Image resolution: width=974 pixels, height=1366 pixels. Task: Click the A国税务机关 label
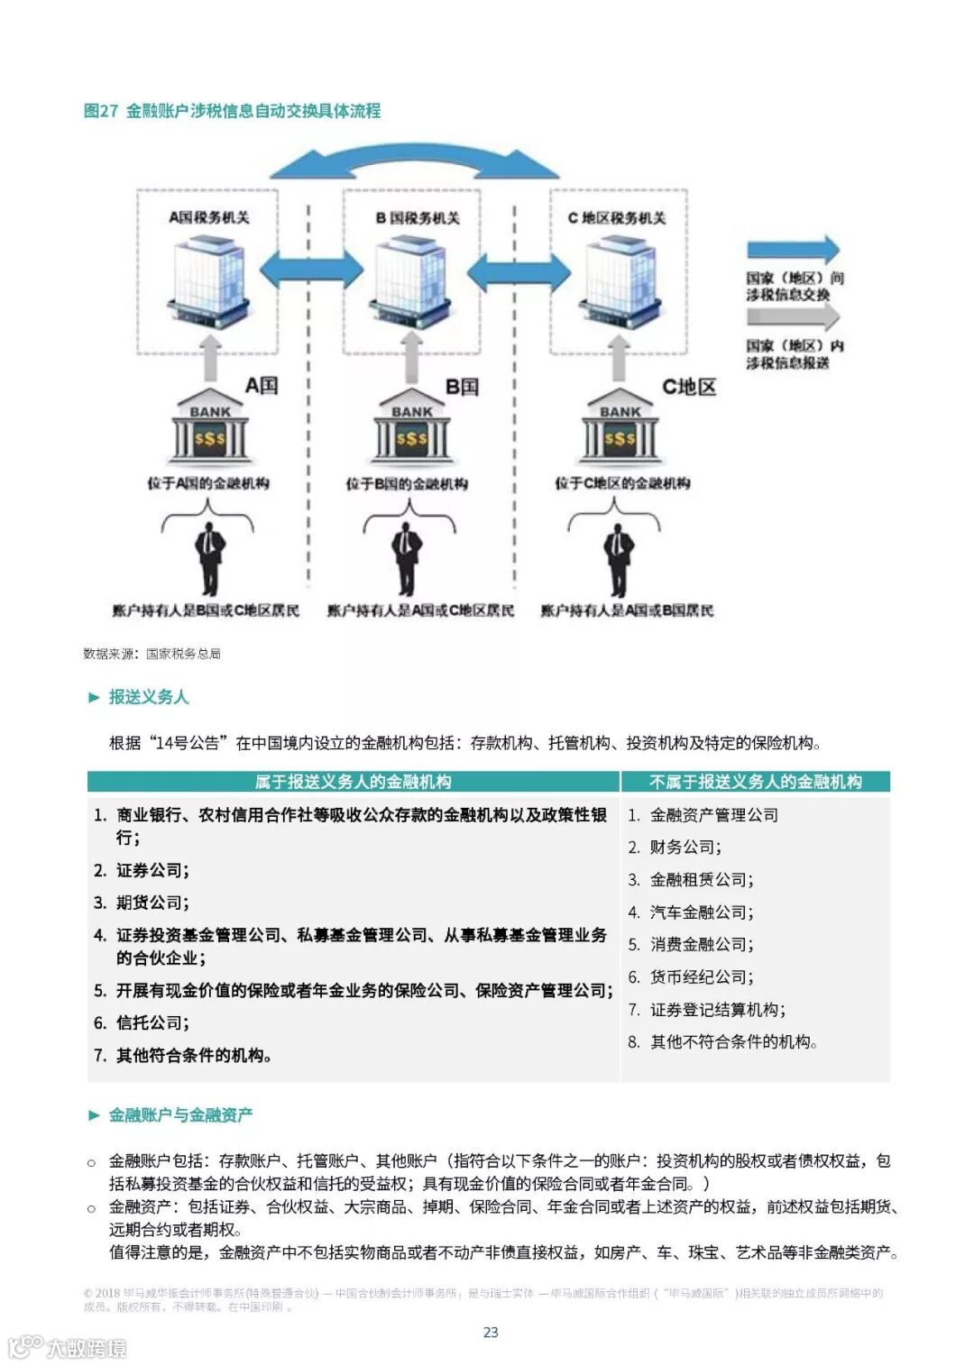tap(209, 217)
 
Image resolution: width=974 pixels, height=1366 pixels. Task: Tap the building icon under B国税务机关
tap(412, 280)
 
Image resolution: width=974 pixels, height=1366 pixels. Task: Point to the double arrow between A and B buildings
tap(310, 270)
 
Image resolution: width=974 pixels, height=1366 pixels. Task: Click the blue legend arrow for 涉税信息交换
tap(793, 251)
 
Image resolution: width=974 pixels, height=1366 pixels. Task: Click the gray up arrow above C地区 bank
tap(619, 358)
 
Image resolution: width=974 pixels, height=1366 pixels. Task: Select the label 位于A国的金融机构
tap(208, 483)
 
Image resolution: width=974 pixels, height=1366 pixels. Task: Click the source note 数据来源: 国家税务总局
tap(152, 654)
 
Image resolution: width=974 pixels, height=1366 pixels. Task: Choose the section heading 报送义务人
tap(148, 697)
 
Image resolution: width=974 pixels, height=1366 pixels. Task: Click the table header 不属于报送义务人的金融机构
tap(755, 782)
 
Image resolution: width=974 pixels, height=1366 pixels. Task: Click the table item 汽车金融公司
tap(701, 912)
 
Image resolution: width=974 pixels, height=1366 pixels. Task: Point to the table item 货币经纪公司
tap(701, 977)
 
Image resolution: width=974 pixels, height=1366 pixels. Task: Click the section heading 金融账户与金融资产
tap(179, 1115)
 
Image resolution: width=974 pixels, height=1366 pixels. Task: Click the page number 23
tap(491, 1333)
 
